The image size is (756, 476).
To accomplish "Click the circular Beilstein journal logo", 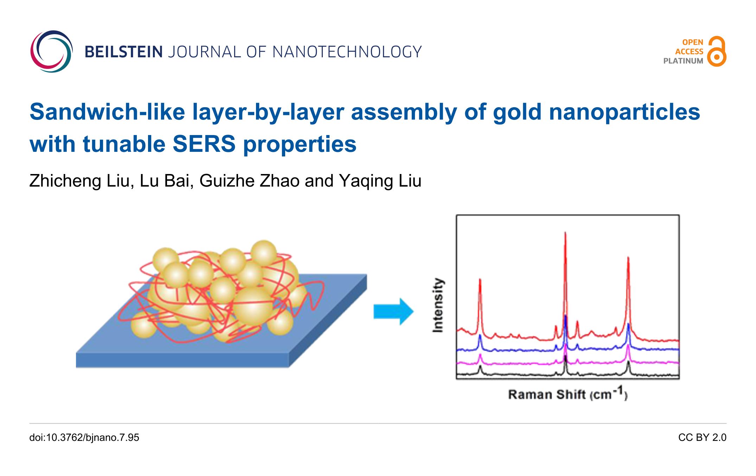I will pos(51,52).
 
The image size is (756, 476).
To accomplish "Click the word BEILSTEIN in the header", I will pos(123,52).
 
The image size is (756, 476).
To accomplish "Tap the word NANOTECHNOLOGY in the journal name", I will pos(347,52).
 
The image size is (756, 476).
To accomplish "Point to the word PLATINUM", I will pos(683,61).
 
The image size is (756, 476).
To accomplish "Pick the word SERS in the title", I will pos(204,144).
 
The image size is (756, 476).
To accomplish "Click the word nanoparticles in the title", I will pos(624,112).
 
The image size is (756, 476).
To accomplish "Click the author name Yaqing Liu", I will pos(380,181).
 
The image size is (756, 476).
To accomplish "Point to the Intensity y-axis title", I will pos(438,305).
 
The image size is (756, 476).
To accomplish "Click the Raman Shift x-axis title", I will pos(567,394).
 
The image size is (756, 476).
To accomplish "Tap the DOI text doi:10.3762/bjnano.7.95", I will pos(84,437).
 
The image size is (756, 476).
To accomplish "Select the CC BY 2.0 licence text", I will pos(702,437).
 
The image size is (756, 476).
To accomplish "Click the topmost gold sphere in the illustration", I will pos(264,253).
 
